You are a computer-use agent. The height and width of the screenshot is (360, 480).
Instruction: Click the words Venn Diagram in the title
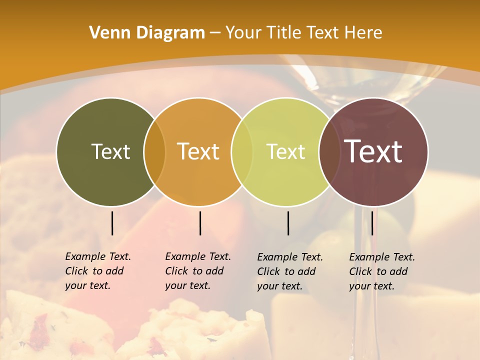click(x=147, y=33)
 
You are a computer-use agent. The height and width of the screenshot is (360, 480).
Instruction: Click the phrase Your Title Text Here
click(x=303, y=33)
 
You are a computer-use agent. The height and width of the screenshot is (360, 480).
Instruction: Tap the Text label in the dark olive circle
click(x=110, y=151)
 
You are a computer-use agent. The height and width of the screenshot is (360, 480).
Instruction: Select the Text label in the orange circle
click(x=198, y=151)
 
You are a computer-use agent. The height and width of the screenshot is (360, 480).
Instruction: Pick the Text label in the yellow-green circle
click(x=285, y=151)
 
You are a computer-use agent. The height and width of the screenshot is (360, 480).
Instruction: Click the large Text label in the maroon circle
click(x=373, y=151)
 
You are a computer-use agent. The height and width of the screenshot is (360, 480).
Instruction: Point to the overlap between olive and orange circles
click(x=154, y=151)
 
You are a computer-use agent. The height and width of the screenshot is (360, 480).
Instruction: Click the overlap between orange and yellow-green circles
click(x=242, y=151)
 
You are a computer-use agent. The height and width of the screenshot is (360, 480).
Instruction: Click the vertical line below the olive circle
click(x=112, y=223)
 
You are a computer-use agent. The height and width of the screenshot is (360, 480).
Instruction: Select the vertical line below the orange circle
click(x=200, y=223)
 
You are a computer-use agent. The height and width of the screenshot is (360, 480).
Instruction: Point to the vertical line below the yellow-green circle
click(x=288, y=223)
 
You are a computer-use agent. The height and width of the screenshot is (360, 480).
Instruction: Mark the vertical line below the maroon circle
click(x=372, y=223)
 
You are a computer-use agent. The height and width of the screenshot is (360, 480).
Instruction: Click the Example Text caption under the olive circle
click(x=98, y=271)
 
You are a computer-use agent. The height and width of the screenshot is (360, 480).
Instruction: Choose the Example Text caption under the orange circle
click(x=198, y=271)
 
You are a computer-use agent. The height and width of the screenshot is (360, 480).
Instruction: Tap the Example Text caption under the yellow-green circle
click(x=290, y=271)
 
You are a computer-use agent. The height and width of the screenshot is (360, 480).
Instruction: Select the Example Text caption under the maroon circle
click(x=382, y=271)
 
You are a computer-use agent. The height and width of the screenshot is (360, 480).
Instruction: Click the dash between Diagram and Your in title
click(x=215, y=33)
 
